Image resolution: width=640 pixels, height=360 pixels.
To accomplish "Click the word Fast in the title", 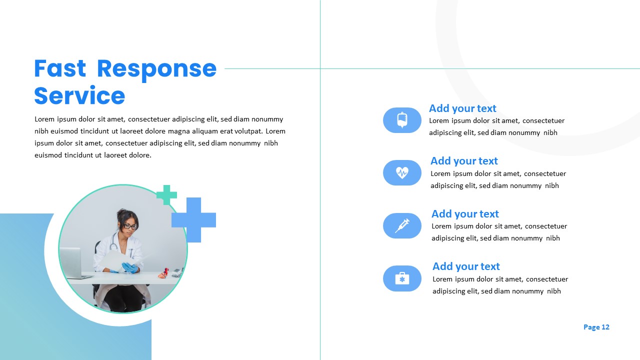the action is (60, 68).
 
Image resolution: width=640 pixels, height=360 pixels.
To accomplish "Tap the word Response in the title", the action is (157, 70).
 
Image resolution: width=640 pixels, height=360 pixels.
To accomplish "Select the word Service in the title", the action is (79, 95).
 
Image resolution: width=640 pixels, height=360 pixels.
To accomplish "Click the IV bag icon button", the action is (402, 120).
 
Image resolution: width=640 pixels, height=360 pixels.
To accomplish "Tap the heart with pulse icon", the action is (402, 172).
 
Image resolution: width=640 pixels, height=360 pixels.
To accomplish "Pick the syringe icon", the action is (402, 225).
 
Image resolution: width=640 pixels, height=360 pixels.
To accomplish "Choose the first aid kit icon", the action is (402, 278).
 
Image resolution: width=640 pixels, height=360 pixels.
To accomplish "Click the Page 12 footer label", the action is (596, 327).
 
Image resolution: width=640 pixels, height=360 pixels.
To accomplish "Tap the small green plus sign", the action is (166, 195).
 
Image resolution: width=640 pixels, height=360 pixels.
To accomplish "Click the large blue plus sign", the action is (193, 220).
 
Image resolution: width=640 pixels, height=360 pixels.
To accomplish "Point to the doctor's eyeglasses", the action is (130, 227).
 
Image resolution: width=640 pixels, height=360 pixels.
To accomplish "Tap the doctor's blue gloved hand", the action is (129, 267).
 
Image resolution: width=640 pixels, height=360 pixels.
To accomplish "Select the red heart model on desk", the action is (164, 273).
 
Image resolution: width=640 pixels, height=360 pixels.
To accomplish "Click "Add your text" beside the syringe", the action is (465, 213).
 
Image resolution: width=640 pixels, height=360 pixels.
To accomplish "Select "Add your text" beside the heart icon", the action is (464, 161).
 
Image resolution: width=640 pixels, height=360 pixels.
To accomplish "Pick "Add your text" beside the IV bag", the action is (462, 108).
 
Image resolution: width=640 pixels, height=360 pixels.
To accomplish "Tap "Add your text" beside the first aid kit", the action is (466, 266).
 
